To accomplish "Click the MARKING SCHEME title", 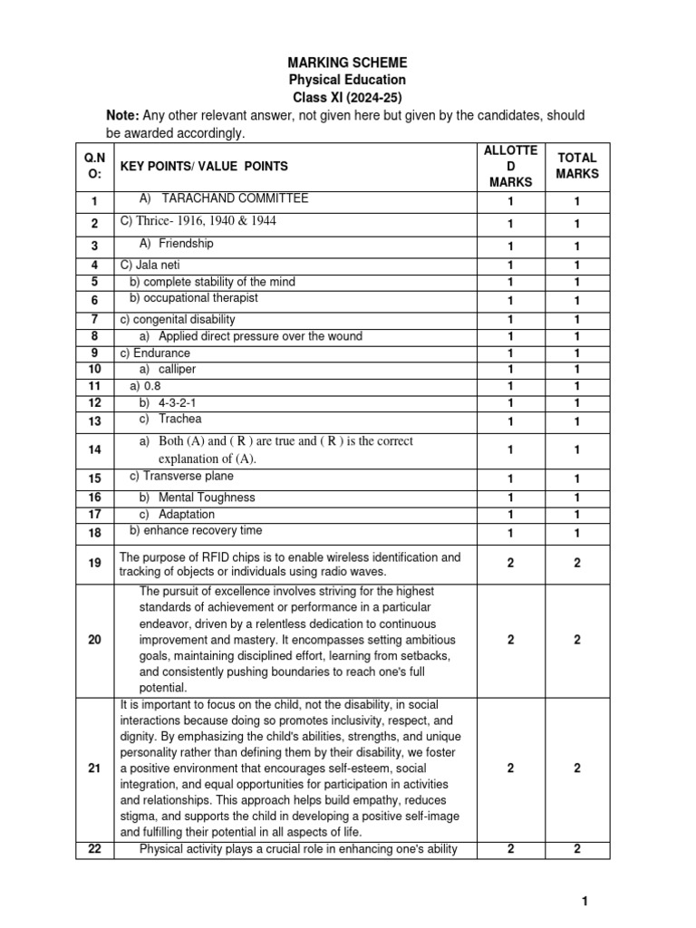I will point(347,63).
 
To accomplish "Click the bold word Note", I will point(121,115).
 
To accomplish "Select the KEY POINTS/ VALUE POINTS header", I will point(204,166).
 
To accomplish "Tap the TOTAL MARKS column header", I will point(577,165).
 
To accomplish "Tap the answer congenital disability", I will point(178,319).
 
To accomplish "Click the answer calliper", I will point(177,370).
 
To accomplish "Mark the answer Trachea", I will point(180,419).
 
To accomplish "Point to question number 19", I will point(94,564).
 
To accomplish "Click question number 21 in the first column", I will point(94,768).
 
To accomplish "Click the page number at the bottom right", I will point(585,900).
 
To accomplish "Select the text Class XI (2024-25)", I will point(347,97).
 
